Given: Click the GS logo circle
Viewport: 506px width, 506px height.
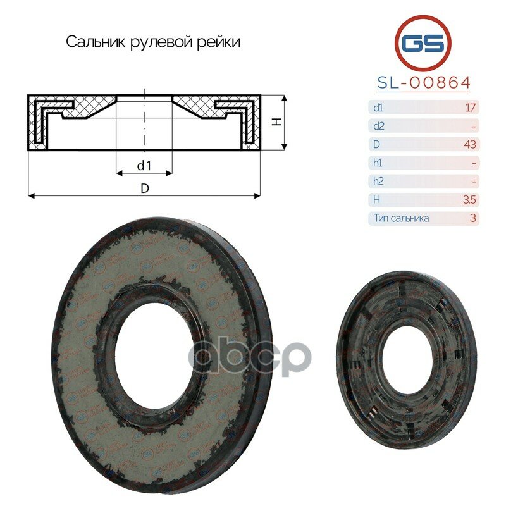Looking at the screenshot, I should point(423,43).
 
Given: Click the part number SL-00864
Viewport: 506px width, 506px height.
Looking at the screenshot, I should point(423,83).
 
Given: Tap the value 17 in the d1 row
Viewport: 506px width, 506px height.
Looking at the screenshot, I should point(470,108).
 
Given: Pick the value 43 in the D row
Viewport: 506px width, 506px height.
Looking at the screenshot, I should point(469,144).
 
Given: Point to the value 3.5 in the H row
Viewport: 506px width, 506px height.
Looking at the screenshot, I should point(469,200).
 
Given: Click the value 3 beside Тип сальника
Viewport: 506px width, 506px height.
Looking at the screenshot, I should point(472,218).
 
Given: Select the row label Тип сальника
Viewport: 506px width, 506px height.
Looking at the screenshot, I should point(401,218).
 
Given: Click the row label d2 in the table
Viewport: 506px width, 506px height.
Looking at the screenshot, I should point(379,126).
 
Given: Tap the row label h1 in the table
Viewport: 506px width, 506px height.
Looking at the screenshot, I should point(378,163).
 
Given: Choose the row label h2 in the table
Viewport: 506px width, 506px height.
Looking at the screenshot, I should point(378,182).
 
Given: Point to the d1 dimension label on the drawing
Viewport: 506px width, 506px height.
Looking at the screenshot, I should point(144,166).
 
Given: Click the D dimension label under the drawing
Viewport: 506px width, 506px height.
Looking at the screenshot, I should point(145,188).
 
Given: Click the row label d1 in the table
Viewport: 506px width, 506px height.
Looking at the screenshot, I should point(378,108).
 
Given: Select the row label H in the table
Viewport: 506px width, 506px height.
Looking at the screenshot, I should point(378,200).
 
